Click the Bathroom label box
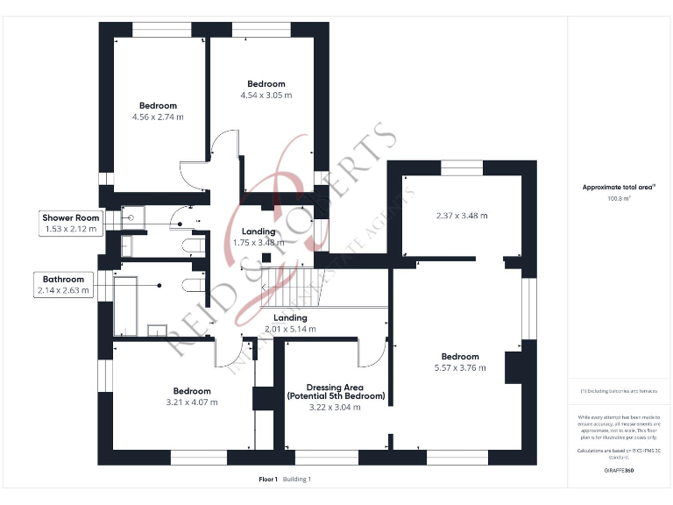(64, 284)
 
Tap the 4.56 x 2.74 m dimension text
(158, 117)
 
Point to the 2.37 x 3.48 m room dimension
(462, 215)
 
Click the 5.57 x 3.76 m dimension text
(460, 368)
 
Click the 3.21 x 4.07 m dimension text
(191, 402)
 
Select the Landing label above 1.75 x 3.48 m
(259, 231)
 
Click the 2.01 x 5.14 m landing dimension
(290, 329)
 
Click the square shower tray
(132, 217)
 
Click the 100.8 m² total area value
(620, 198)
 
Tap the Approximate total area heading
(619, 187)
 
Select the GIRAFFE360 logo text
(619, 471)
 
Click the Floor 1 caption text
(268, 480)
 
